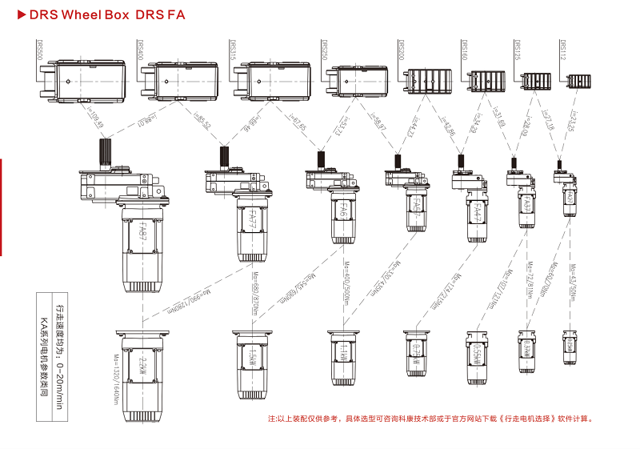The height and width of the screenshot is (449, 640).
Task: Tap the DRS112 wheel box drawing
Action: coord(578,81)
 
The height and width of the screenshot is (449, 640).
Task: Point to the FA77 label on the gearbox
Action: coord(251,219)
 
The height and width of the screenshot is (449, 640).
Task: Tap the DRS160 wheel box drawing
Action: coord(483,81)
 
